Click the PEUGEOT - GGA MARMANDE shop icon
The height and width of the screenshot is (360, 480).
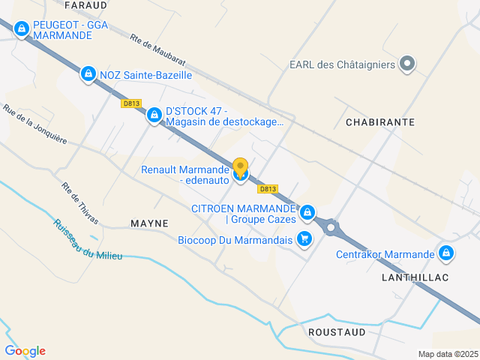pos(22,29)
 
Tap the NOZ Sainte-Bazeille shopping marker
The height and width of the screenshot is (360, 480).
pos(88,74)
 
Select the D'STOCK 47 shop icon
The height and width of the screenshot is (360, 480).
pos(154,115)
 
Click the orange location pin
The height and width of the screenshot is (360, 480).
pos(240,167)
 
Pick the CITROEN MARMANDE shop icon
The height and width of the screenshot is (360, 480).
pos(307,214)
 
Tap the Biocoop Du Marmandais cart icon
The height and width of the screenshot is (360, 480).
pos(304,239)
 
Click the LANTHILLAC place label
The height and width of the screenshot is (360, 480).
pos(414,277)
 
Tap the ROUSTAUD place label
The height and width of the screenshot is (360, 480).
pos(337,331)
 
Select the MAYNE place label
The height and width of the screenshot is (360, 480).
pos(149,223)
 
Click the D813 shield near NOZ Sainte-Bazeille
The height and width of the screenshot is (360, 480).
pos(130,104)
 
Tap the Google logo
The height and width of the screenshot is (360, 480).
pos(25,350)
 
